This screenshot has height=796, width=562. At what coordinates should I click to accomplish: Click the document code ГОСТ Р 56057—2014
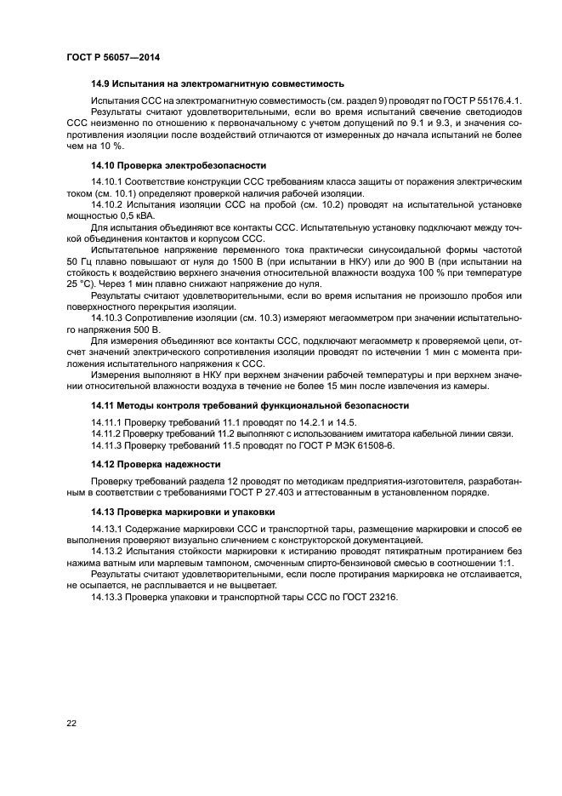(112, 57)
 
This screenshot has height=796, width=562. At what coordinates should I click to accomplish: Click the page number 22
(71, 724)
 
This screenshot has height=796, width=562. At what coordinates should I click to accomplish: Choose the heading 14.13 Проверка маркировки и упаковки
(183, 512)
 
